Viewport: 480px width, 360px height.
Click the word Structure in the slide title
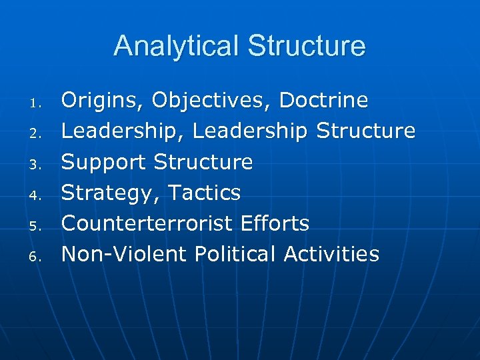pos(307,46)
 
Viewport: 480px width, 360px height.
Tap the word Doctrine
pos(323,100)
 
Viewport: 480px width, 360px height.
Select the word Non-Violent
pos(123,254)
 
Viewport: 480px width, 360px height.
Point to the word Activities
pos(331,254)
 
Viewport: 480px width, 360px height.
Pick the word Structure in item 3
pos(203,162)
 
